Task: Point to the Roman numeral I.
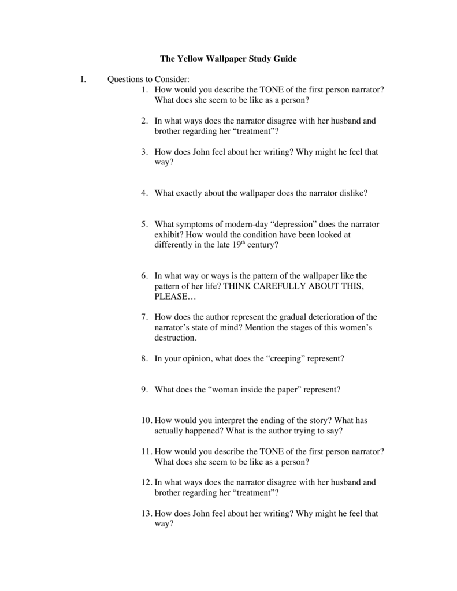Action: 83,80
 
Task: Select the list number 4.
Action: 144,193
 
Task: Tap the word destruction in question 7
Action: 176,338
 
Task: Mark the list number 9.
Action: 144,390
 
